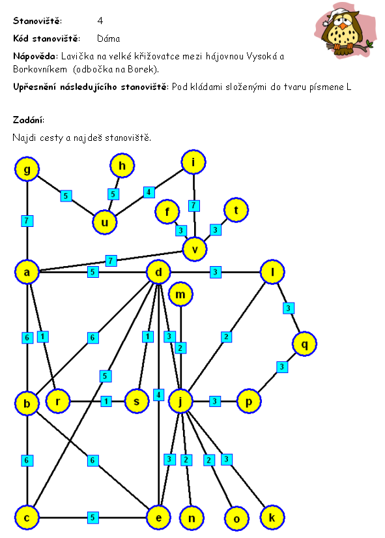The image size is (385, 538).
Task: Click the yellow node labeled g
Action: point(27,169)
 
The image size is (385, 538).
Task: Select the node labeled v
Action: point(195,249)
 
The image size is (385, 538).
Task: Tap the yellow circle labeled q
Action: point(304,344)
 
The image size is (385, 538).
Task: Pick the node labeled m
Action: point(180,294)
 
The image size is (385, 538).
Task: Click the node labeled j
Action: point(180,401)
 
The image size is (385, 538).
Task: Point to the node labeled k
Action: point(272,517)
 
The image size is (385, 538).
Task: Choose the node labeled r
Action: point(57,401)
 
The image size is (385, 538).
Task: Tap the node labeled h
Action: point(122,166)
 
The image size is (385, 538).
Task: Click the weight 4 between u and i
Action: point(149,192)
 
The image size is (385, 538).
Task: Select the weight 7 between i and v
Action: point(193,205)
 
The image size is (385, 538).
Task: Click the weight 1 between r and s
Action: point(106,401)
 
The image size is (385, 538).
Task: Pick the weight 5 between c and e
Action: point(93,517)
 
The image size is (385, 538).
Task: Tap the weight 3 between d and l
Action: point(215,272)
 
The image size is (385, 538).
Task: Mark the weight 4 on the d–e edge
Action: point(158,395)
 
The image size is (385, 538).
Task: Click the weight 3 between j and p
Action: point(215,401)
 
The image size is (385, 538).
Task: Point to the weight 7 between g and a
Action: point(27,220)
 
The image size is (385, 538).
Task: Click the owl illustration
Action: point(345,30)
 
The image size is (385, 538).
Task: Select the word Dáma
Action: point(108,38)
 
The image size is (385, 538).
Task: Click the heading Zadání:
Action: point(29,120)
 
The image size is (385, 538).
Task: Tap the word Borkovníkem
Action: point(40,69)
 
